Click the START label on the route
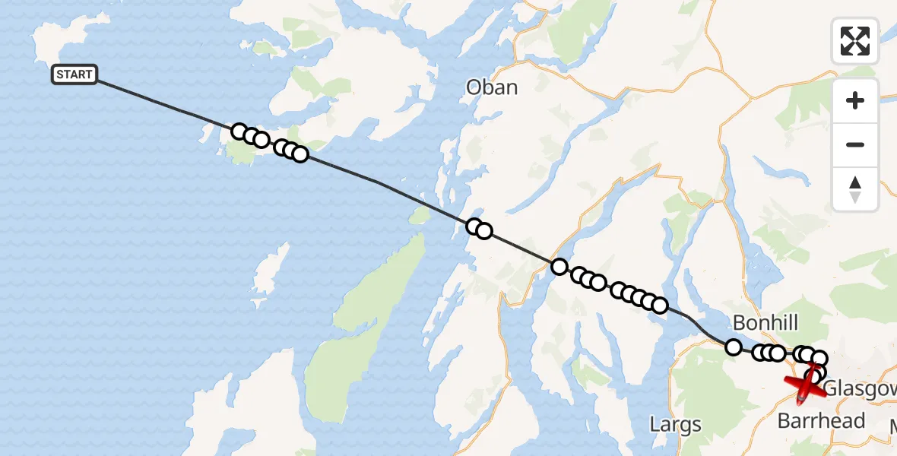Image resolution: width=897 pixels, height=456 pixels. tap(74, 74)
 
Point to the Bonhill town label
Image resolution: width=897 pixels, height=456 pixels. tap(765, 323)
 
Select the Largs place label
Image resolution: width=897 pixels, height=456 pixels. tap(676, 424)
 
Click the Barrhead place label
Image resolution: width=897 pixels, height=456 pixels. tap(821, 420)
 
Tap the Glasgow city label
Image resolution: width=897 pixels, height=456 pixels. tap(859, 388)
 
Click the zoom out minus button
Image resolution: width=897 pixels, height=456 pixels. tap(855, 145)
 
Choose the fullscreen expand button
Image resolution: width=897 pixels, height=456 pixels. tap(855, 40)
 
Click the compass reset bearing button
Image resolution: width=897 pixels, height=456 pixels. tap(855, 189)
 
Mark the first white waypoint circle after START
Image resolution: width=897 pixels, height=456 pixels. tap(239, 131)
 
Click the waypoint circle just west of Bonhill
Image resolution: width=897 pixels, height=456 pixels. tap(734, 347)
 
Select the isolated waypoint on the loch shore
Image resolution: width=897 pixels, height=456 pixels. tap(559, 266)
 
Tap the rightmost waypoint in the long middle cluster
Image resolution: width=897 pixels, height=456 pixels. tap(660, 306)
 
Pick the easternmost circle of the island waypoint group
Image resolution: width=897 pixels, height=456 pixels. tap(300, 154)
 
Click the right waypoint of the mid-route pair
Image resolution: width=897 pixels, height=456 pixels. tap(484, 231)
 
